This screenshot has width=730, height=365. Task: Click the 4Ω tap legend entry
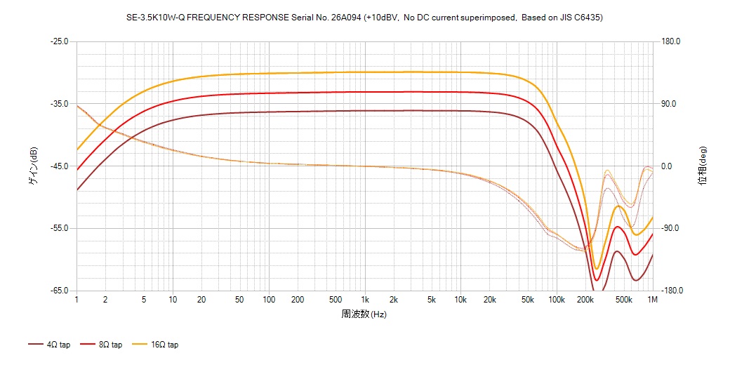click(49, 345)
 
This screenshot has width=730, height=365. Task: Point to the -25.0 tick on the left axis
click(59, 41)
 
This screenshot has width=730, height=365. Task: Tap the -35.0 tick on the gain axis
click(59, 104)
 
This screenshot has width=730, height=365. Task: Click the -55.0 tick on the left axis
click(59, 228)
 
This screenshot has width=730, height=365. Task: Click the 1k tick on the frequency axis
click(364, 300)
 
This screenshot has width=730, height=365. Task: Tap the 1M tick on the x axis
click(653, 300)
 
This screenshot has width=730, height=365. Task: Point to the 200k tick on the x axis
click(585, 300)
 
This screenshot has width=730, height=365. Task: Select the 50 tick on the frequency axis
click(239, 300)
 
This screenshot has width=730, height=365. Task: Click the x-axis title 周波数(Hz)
click(364, 314)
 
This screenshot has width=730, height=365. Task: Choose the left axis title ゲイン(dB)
click(33, 166)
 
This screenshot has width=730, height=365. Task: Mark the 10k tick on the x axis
click(460, 300)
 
